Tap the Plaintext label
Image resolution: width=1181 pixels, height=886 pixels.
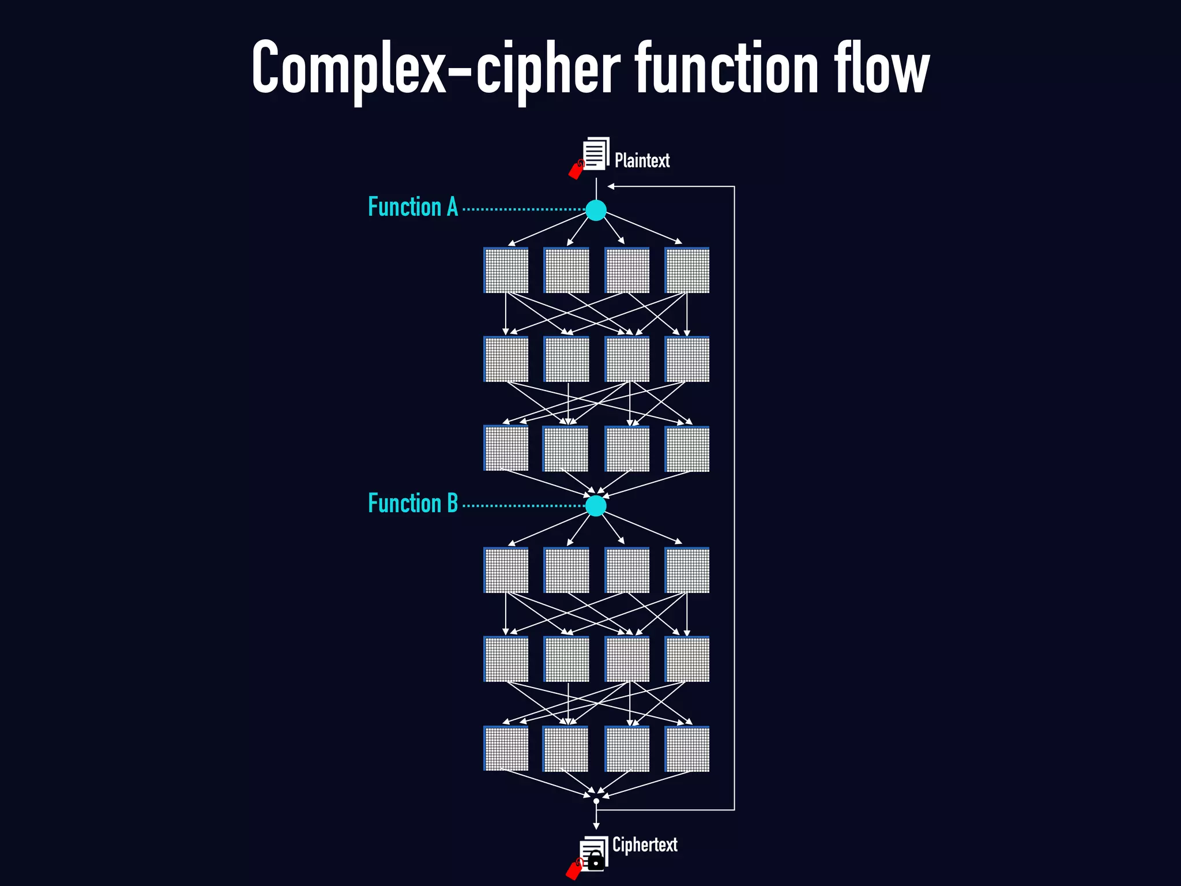click(x=642, y=160)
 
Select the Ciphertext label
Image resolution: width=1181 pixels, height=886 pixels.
click(x=644, y=844)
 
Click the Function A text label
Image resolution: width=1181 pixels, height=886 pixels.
click(x=413, y=207)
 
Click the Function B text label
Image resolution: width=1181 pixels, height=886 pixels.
click(x=413, y=503)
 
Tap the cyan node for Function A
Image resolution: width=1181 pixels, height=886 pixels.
click(x=596, y=210)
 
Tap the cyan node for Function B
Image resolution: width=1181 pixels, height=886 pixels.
click(x=596, y=506)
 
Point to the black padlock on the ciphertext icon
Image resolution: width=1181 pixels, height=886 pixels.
click(x=596, y=862)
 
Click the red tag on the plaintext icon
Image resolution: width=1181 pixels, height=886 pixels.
click(x=576, y=170)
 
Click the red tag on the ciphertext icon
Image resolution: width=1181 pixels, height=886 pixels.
click(x=574, y=869)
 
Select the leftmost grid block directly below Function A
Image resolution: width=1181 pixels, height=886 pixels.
click(x=506, y=271)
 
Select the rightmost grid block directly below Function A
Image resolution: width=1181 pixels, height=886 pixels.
click(x=687, y=271)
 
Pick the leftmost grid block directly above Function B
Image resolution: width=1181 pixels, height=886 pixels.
click(x=506, y=449)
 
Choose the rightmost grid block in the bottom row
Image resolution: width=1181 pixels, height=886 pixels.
click(x=687, y=749)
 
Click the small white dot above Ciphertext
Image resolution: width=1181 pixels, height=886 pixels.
click(x=596, y=801)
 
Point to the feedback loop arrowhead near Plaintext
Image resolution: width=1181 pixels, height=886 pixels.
click(x=611, y=186)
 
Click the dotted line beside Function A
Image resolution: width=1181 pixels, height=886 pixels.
click(x=522, y=209)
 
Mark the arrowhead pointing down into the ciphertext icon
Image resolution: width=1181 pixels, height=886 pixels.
click(x=596, y=827)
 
